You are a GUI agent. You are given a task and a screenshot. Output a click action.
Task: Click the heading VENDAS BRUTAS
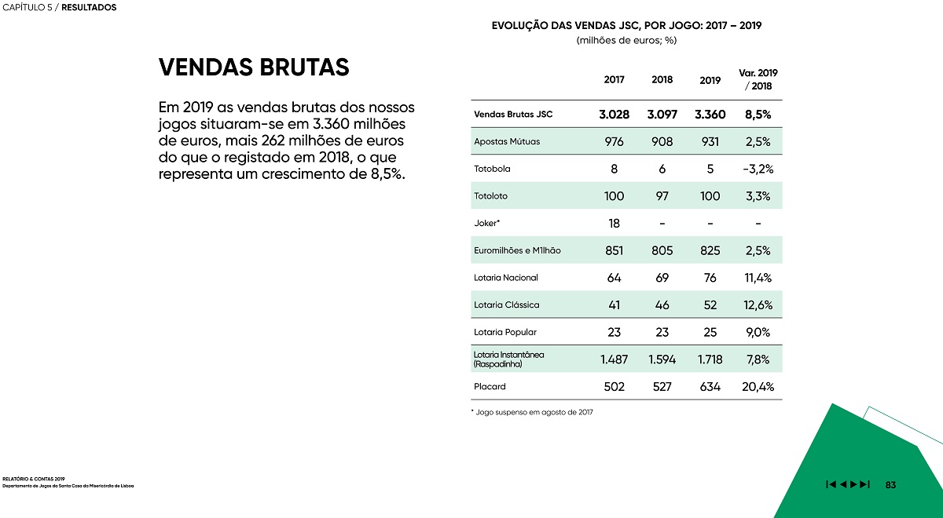[x=254, y=67]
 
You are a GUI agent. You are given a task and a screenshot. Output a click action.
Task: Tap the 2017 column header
[x=615, y=79]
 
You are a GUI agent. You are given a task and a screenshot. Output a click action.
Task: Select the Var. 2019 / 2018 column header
[x=758, y=79]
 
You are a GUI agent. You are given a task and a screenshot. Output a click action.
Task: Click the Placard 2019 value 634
[x=710, y=386]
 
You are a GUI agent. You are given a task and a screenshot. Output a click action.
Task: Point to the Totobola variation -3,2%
[x=758, y=169]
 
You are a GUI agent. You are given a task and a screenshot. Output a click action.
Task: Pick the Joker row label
[x=486, y=223]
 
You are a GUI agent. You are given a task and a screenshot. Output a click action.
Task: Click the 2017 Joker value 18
[x=615, y=223]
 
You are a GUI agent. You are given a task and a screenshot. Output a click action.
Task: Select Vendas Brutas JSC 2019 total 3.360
[x=710, y=115]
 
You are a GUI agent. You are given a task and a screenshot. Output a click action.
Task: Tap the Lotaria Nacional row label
[x=506, y=278]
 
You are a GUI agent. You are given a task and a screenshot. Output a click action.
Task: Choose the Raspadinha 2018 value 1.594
[x=662, y=359]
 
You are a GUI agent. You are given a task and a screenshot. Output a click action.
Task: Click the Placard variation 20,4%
[x=758, y=386]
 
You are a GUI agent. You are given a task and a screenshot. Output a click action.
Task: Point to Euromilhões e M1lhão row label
[x=517, y=250]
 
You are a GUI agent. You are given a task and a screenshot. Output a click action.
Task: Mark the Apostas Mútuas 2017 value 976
[x=615, y=142]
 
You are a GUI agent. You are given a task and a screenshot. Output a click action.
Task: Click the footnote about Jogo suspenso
[x=532, y=412]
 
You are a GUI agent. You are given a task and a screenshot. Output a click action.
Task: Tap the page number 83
[x=890, y=485]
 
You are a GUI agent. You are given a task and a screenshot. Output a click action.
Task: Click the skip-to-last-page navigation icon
[x=864, y=484]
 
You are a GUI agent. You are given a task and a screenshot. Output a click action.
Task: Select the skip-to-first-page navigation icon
[x=831, y=484]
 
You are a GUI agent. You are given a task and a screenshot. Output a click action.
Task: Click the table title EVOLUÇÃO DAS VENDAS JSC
[x=626, y=26]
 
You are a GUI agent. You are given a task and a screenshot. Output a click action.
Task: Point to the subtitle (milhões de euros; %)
[x=626, y=40]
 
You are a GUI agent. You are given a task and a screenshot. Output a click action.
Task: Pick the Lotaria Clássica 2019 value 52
[x=710, y=305]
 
